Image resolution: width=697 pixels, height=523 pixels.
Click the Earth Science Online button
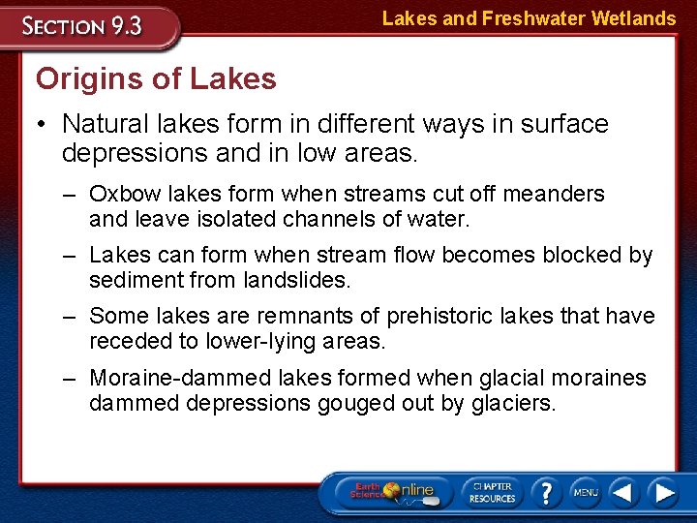[391, 492]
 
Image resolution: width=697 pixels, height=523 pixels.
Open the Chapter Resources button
[492, 492]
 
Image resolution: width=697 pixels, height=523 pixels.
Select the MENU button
[585, 492]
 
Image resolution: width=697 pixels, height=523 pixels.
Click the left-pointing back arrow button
[623, 492]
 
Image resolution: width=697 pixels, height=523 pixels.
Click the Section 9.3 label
[84, 26]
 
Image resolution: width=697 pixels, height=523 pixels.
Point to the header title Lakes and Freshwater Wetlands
[529, 17]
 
